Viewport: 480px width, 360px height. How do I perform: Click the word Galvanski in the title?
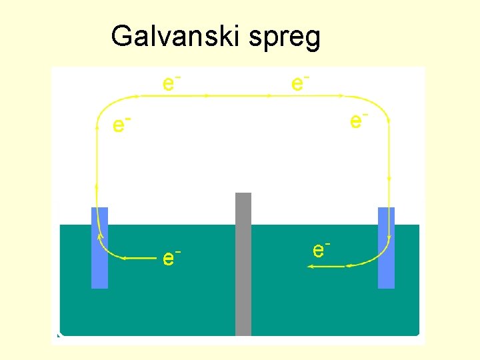(x=177, y=37)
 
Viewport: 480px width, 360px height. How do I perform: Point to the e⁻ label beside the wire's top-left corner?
(x=121, y=123)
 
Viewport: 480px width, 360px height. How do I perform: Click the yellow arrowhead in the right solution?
(x=311, y=267)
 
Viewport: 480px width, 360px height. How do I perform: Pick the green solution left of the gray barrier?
(x=167, y=300)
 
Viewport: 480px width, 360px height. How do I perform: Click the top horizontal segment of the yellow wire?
(x=240, y=96)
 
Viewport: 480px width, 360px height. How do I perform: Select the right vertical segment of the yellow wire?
(x=389, y=160)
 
